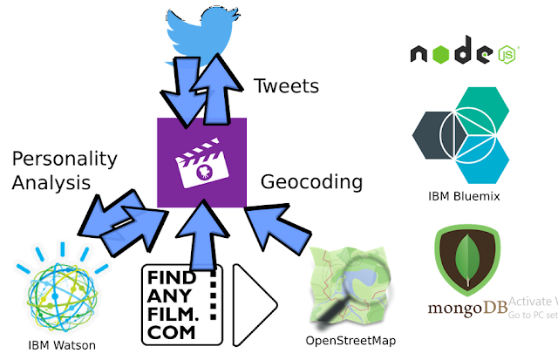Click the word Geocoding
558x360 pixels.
pyautogui.click(x=311, y=183)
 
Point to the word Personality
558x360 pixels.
pyautogui.click(x=65, y=159)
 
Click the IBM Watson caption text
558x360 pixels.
pyautogui.click(x=62, y=345)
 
